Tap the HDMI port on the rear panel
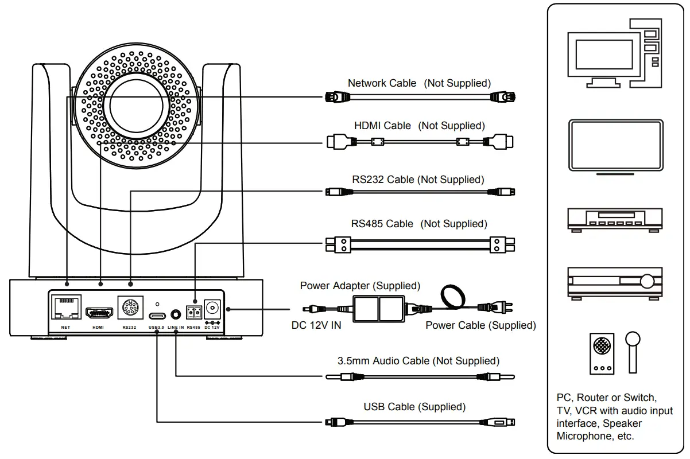tap(99, 313)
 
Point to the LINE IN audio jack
tap(175, 314)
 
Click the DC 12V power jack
tap(213, 308)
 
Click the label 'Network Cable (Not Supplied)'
tap(419, 83)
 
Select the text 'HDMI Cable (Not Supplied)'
tap(419, 125)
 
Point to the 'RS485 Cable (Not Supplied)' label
tap(419, 224)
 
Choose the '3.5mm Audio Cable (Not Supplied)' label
tap(418, 361)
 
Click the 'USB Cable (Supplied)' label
tap(414, 407)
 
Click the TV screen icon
tap(615, 145)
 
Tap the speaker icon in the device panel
tap(602, 352)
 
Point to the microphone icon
tap(633, 350)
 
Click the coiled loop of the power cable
tap(453, 297)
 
